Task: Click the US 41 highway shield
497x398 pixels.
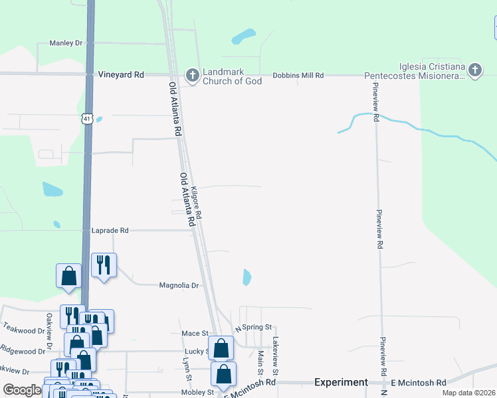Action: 87,119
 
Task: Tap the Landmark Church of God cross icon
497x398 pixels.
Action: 192,76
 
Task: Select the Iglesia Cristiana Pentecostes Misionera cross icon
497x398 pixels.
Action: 474,70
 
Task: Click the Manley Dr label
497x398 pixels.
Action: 65,43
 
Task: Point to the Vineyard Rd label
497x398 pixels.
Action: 121,75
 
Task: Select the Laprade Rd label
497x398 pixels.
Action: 110,230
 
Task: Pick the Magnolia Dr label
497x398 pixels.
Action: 179,285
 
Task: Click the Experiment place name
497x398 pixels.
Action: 341,382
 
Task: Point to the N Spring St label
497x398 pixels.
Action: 254,328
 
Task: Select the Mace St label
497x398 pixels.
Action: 195,333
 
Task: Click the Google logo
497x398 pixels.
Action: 21,390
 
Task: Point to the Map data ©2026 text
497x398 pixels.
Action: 468,393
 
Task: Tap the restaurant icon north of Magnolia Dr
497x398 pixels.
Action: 104,265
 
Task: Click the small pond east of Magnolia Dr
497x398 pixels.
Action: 247,277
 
